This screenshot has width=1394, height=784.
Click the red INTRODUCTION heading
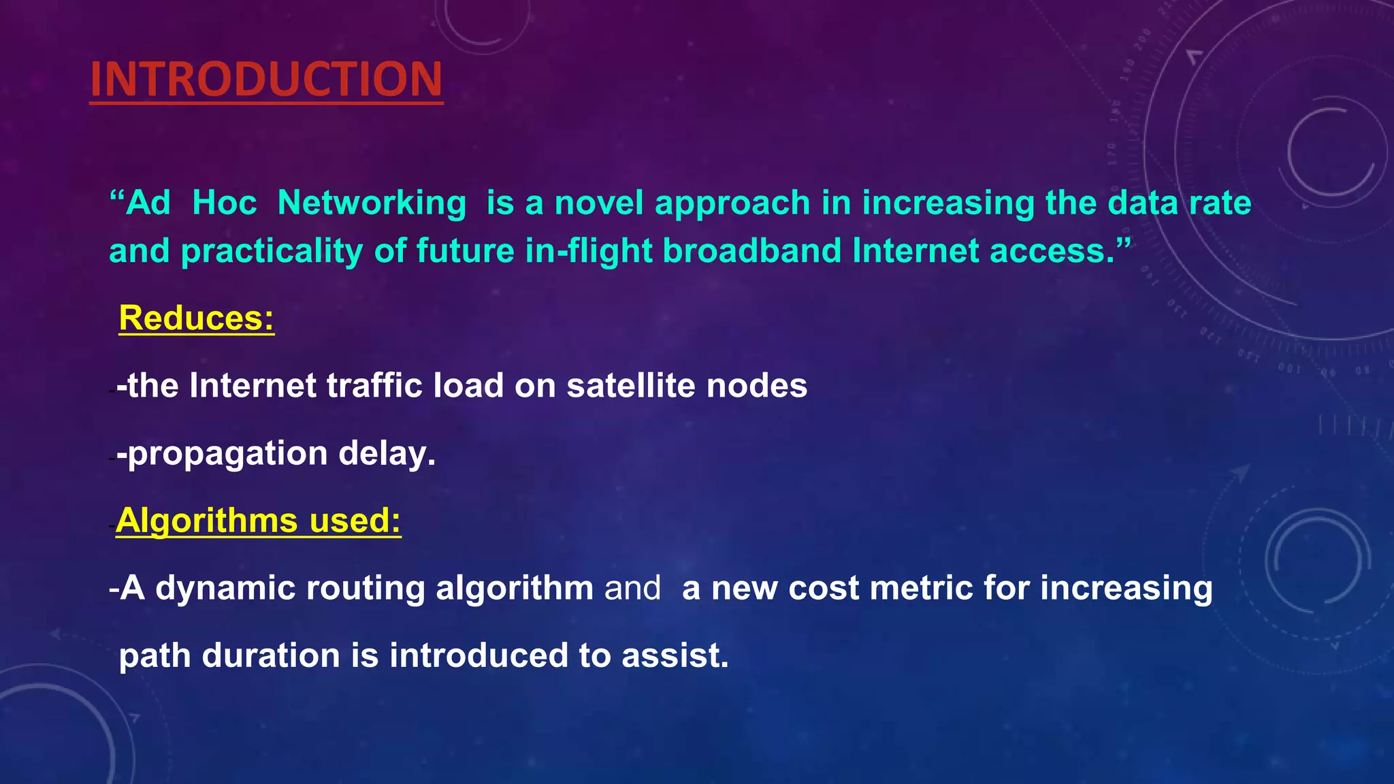pyautogui.click(x=266, y=79)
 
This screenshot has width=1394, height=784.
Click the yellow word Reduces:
pyautogui.click(x=196, y=318)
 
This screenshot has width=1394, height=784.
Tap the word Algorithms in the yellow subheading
pyautogui.click(x=207, y=521)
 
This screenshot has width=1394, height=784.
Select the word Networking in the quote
pyautogui.click(x=372, y=203)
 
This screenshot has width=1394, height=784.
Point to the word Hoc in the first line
pyautogui.click(x=225, y=203)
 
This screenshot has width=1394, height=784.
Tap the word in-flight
pyautogui.click(x=588, y=250)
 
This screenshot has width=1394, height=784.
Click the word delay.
pyautogui.click(x=387, y=453)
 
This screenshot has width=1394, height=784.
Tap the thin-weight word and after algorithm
pyautogui.click(x=632, y=589)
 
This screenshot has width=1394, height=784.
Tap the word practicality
pyautogui.click(x=271, y=252)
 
